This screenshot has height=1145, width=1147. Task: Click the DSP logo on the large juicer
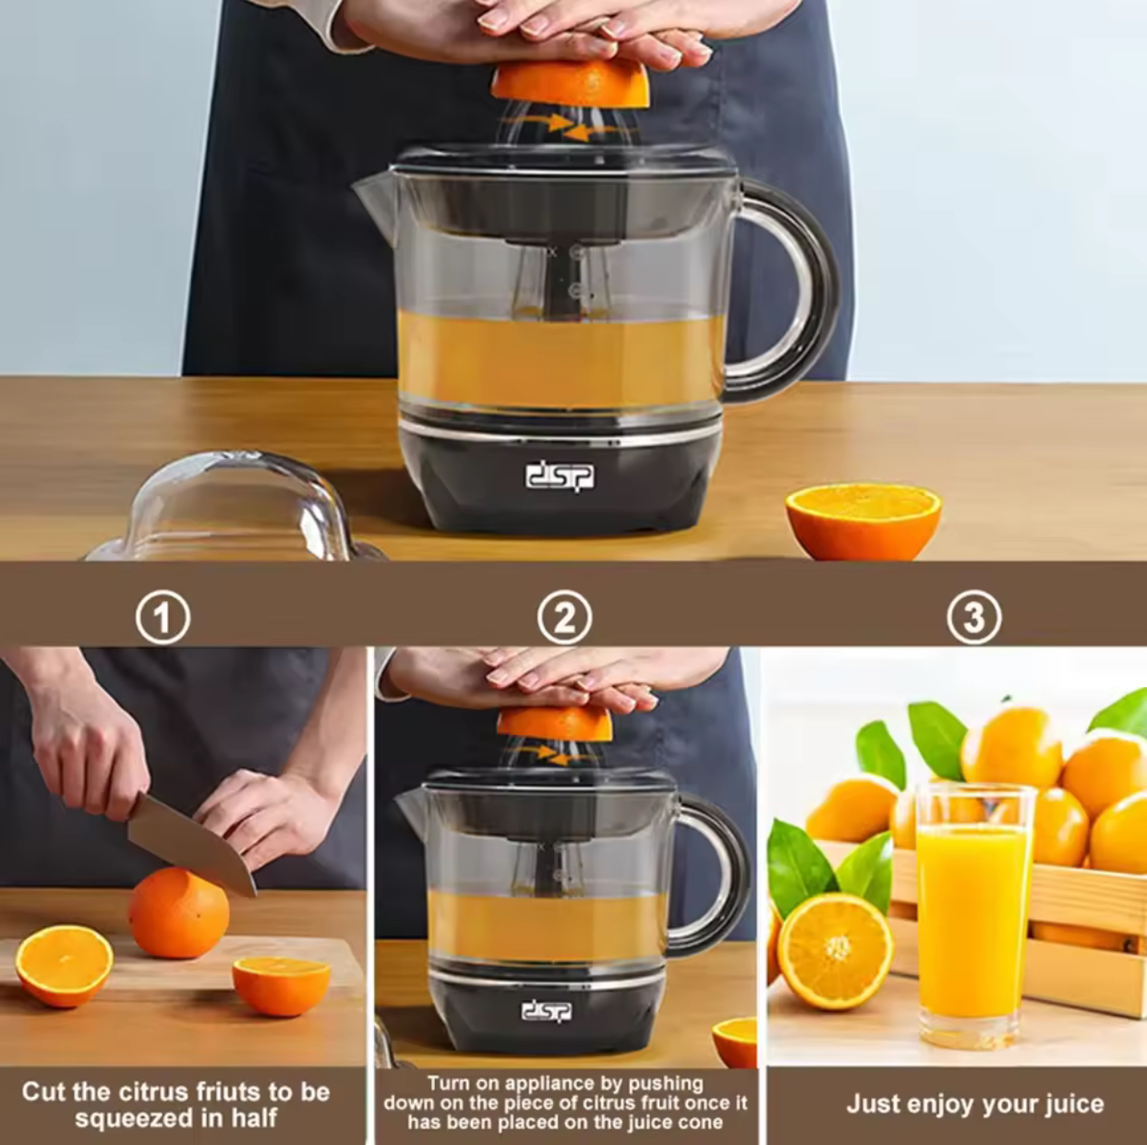559,477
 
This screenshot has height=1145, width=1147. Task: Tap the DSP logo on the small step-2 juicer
547,1010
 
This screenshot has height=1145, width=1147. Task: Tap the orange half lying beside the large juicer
863,521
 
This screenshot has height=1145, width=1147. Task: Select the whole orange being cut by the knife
178,914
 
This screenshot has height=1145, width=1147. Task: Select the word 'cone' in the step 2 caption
703,1123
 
